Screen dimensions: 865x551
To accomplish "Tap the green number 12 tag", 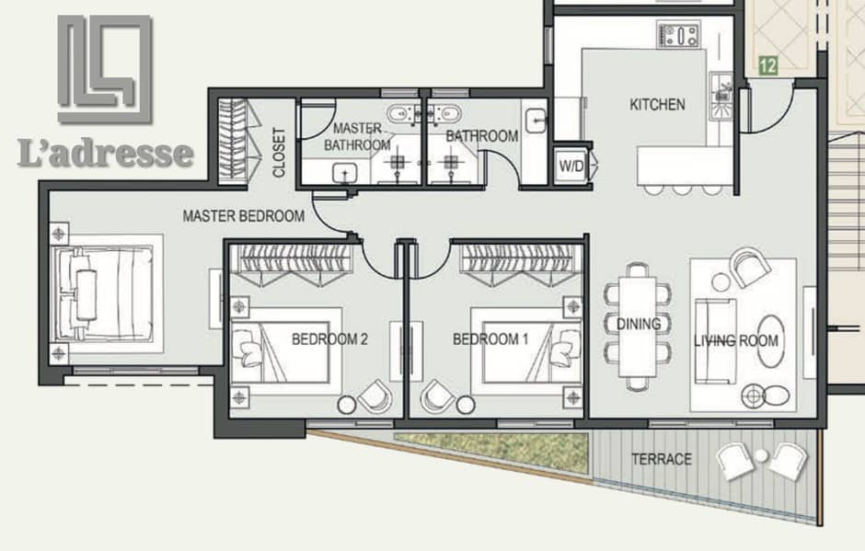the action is (767, 66).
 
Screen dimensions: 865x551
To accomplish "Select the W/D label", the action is (571, 166).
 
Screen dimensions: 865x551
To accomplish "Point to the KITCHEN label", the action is (658, 104).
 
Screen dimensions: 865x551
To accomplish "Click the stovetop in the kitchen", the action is (678, 35).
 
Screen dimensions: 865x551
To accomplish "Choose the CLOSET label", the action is (279, 153).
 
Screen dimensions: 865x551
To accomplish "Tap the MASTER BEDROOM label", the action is (243, 215).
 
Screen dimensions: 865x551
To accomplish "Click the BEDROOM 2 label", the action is (329, 339).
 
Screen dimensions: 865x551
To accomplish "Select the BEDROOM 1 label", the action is (490, 339).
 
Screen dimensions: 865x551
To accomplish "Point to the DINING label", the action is (639, 324).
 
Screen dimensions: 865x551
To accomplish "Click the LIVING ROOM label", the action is (736, 340).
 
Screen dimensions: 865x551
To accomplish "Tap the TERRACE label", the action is (662, 459).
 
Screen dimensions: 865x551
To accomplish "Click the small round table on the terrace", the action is (761, 455).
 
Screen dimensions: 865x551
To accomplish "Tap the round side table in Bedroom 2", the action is (347, 405).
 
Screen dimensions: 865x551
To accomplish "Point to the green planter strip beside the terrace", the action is (491, 450).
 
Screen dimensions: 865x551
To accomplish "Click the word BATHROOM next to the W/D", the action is (482, 136).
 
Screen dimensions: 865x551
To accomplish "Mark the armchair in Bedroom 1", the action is (437, 396).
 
